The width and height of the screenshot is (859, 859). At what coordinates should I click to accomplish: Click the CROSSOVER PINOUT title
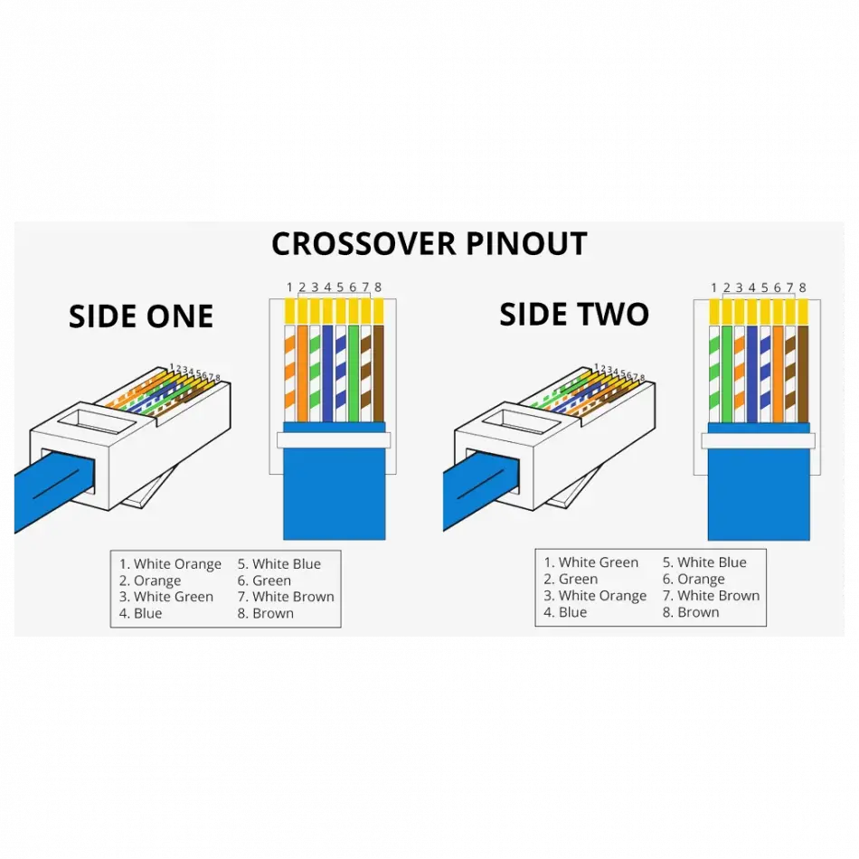tap(429, 244)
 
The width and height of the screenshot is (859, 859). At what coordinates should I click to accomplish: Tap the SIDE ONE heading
tap(141, 316)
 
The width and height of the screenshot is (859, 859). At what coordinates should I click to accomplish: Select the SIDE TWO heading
tap(574, 315)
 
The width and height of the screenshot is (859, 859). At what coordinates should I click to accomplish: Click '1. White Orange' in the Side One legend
tap(170, 564)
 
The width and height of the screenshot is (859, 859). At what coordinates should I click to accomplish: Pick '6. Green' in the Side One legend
tap(264, 581)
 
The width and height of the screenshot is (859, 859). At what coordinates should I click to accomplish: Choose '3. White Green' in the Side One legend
tap(166, 597)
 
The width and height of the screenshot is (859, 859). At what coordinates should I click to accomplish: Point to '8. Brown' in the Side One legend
tap(266, 613)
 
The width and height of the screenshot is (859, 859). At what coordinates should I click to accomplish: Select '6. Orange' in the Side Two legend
tap(694, 579)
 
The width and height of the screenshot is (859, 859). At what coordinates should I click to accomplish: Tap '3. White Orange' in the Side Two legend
tap(595, 595)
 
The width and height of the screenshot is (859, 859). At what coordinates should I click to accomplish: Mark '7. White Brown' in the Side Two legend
tap(711, 595)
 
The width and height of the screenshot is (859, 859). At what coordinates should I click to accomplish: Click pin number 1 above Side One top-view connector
tap(290, 288)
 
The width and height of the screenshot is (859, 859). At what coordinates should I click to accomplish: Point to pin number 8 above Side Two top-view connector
tap(802, 288)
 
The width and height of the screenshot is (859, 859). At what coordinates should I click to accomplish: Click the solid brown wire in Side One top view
tap(378, 371)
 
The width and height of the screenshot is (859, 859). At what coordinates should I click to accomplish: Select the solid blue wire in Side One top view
tap(328, 371)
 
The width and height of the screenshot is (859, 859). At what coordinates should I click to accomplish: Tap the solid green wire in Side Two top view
tap(727, 371)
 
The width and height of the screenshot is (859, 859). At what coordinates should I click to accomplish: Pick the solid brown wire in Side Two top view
tap(802, 371)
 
